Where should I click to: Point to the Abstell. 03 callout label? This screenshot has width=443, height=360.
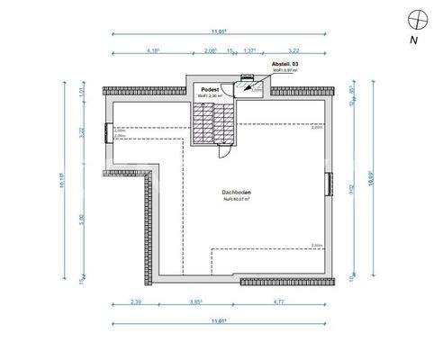pos(285,67)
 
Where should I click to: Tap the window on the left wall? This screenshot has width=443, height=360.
pos(108,132)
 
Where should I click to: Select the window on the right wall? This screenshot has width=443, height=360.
pos(328,182)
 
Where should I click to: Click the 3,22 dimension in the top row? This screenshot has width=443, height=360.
pos(294,52)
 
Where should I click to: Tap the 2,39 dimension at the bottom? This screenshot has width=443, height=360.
pos(136,302)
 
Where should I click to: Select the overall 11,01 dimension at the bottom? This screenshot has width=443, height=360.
pos(217,321)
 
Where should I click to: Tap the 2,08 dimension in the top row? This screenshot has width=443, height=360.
pos(210,52)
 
